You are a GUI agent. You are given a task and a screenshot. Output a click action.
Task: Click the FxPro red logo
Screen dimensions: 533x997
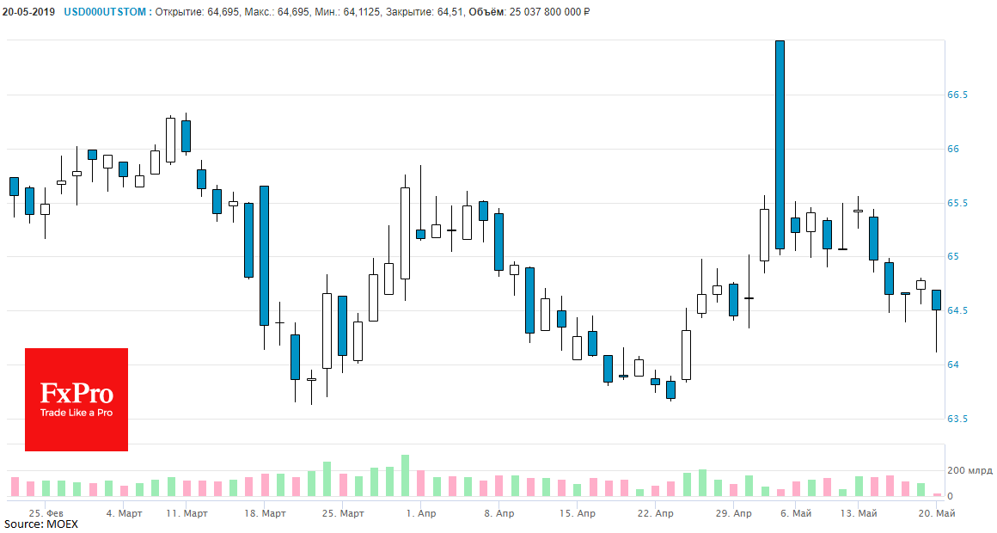[x=76, y=399]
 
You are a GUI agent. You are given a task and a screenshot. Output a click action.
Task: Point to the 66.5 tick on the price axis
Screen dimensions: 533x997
[x=957, y=95]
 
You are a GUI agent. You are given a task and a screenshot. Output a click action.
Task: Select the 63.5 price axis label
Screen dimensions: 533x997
[x=957, y=420]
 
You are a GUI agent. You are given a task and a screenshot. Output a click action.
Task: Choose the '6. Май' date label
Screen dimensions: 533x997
[x=796, y=513]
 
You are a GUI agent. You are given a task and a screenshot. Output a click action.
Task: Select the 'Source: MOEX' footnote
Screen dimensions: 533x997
[x=40, y=524]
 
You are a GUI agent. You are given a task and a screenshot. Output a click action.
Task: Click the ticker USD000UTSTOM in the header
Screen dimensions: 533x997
[x=105, y=12]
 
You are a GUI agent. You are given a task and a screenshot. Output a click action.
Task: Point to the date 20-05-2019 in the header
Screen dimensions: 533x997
[x=29, y=12]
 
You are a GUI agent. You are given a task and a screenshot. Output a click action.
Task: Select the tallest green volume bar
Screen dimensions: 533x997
[x=405, y=475]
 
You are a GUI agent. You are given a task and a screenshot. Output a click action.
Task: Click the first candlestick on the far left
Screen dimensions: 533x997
[x=14, y=187]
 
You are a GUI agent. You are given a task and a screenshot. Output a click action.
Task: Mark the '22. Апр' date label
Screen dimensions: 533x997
[x=655, y=513]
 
